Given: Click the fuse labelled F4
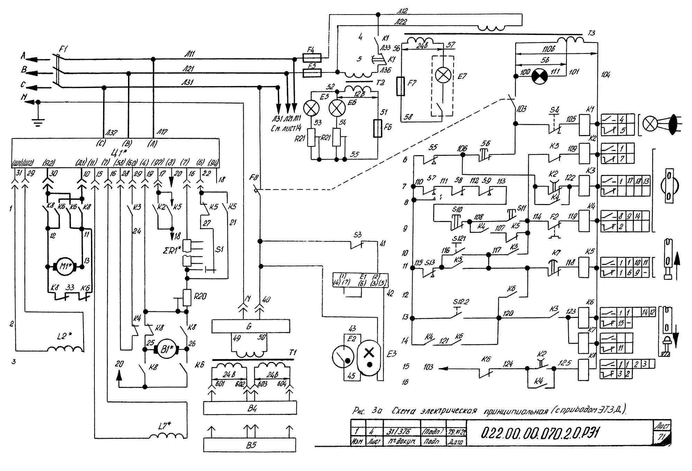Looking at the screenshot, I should click(x=312, y=57).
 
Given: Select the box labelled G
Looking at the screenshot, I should click(x=251, y=326).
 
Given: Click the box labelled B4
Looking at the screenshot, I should click(x=250, y=408).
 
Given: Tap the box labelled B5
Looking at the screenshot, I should click(x=250, y=445).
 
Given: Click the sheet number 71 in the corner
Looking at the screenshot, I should click(x=662, y=437).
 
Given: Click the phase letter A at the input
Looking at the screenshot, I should click(x=24, y=55).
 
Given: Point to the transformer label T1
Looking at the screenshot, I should click(x=293, y=353).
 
